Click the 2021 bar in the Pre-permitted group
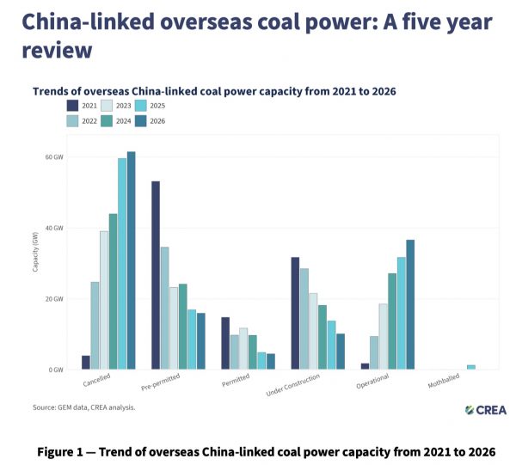point(156,275)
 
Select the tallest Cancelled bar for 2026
point(132,260)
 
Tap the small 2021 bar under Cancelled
point(86,363)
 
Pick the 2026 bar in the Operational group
point(410,304)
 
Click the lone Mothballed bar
point(471,367)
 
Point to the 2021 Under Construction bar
point(295,313)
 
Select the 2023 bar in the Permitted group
point(243,349)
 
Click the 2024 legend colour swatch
point(107,121)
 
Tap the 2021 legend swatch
point(72,106)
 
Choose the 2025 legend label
point(157,106)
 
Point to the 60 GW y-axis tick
point(54,157)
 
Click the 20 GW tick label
point(54,299)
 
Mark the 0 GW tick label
point(56,370)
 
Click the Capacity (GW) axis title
point(35,252)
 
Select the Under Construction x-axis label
point(293,385)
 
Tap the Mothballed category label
point(444,381)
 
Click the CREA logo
point(486,410)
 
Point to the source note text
point(84,407)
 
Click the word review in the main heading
point(57,51)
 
